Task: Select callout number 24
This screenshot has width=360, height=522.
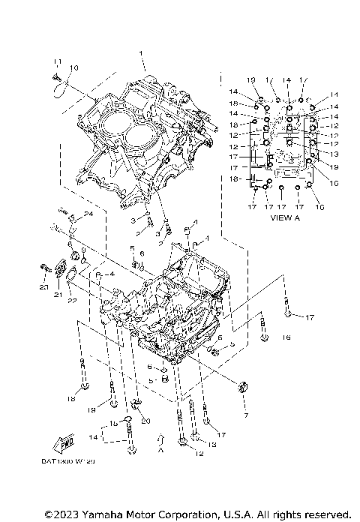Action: pos(88,214)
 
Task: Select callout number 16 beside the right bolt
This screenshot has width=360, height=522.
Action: pos(285,337)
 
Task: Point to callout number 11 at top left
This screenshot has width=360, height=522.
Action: pos(55,61)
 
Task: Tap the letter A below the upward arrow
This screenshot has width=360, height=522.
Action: pos(160,452)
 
